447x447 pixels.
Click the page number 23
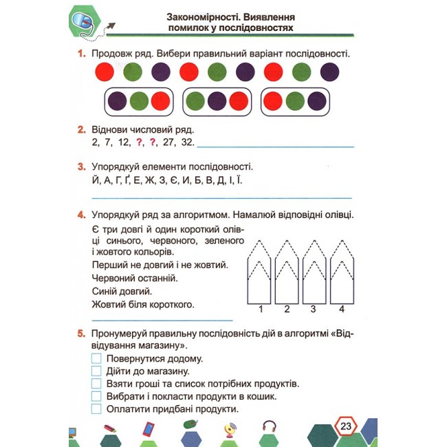(x=346, y=426)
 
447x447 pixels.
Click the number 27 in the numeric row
(x=168, y=142)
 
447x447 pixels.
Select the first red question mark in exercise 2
(x=139, y=142)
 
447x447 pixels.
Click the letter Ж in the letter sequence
(x=149, y=180)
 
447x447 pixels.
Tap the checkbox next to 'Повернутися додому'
(x=96, y=358)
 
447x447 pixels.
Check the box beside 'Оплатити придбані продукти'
(x=96, y=408)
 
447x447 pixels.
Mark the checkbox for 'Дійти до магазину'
(x=96, y=371)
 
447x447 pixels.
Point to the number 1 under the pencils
(x=261, y=309)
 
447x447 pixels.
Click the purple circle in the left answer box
(x=117, y=101)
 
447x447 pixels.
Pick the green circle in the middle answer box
(x=195, y=101)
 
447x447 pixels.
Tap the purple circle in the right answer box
(x=317, y=101)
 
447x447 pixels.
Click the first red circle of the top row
(x=105, y=72)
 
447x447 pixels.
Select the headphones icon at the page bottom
(x=269, y=427)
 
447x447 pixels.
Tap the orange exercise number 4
(x=81, y=215)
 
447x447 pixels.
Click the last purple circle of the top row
(x=329, y=72)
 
